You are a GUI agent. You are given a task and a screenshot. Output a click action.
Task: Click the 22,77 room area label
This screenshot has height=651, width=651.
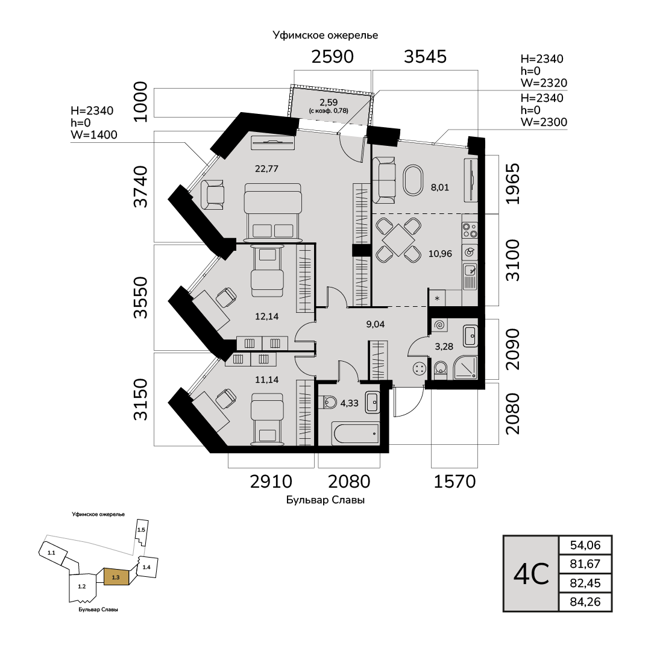point(266,169)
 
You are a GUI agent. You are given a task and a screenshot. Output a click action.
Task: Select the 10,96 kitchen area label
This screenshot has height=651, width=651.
point(440,253)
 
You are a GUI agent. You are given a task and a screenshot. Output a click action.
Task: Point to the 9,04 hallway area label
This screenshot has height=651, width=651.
point(376,324)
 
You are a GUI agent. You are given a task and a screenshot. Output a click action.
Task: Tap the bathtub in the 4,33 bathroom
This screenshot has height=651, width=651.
point(356,432)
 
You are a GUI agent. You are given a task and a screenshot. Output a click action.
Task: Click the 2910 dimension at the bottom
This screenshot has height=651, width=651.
point(271,482)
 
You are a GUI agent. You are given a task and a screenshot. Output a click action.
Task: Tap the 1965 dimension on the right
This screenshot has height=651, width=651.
point(512,184)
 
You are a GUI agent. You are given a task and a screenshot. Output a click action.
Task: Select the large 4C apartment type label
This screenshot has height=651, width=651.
point(531,574)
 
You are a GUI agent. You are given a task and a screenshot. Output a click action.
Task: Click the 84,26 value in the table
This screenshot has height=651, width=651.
point(585,602)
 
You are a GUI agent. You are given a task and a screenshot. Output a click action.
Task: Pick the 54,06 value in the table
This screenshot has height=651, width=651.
point(585,546)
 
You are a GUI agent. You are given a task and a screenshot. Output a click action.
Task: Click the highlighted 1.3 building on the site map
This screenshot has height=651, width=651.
point(116,577)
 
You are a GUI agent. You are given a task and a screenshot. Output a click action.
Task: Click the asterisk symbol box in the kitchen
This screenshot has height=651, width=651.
point(436,298)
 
